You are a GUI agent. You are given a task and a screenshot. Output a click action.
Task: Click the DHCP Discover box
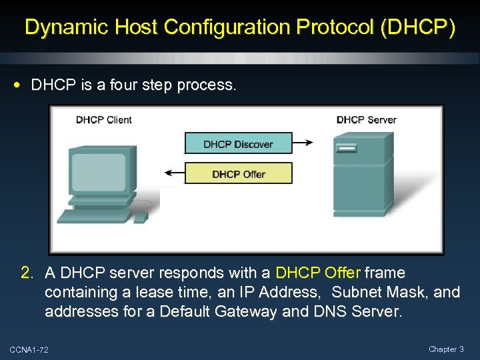tap(238, 143)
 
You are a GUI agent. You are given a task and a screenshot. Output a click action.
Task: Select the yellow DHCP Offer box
tap(238, 174)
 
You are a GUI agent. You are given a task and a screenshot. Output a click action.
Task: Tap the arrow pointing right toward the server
tap(304, 143)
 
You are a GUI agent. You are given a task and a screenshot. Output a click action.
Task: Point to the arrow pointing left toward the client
tap(175, 173)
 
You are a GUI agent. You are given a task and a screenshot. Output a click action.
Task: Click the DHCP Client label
tap(104, 120)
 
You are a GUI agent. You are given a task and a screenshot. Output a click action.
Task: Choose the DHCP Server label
tap(366, 120)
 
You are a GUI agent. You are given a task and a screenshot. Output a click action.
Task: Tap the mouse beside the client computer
tap(141, 217)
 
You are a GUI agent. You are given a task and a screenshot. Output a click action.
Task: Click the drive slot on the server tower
tap(348, 148)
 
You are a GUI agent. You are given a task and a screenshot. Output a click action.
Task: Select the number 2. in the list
tap(27, 273)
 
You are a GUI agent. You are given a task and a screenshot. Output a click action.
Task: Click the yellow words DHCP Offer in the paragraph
tap(318, 273)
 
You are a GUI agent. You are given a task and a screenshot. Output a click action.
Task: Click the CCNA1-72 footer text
tap(29, 350)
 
